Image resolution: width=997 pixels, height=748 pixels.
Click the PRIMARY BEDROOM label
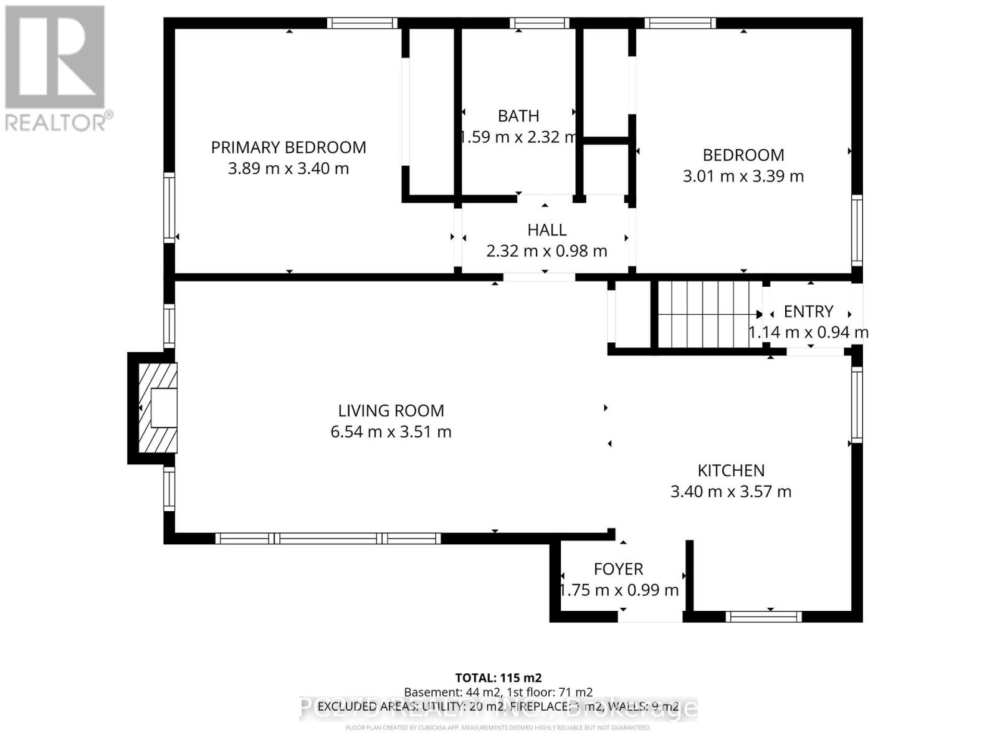click(x=288, y=148)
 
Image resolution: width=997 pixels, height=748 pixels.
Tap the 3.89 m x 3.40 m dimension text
click(x=288, y=169)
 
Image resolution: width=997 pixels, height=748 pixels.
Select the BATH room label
click(x=518, y=117)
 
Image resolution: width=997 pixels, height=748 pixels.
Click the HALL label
click(x=546, y=230)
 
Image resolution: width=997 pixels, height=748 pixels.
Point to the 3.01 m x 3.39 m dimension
click(x=743, y=176)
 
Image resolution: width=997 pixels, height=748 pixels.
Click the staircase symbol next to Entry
click(x=707, y=315)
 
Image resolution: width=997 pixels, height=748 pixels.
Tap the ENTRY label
click(x=808, y=312)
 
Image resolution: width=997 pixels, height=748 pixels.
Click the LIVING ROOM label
click(x=391, y=411)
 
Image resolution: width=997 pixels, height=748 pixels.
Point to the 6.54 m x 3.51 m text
click(x=391, y=432)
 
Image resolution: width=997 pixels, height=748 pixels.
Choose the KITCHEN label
click(x=730, y=471)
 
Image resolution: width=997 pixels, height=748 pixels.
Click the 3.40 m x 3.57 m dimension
click(x=730, y=492)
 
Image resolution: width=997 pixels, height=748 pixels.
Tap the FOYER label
click(x=618, y=569)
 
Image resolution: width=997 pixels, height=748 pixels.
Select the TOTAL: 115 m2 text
click(x=498, y=678)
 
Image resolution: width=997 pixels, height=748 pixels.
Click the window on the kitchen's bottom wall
click(x=764, y=616)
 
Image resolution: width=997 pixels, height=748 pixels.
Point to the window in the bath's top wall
click(x=539, y=24)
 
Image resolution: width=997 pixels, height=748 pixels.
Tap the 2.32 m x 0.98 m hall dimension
click(x=546, y=251)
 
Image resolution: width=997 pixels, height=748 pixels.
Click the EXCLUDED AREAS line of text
click(x=498, y=706)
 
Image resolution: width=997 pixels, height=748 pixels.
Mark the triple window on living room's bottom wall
click(x=328, y=539)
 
